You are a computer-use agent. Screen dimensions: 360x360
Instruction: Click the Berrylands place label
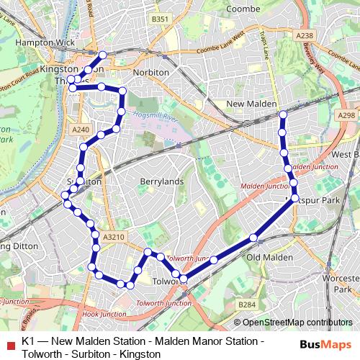pyautogui.click(x=162, y=181)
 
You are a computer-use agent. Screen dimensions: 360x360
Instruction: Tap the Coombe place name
pyautogui.click(x=243, y=9)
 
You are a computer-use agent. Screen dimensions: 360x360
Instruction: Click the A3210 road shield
pyautogui.click(x=114, y=235)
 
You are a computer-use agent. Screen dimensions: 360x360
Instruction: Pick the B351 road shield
pyautogui.click(x=159, y=19)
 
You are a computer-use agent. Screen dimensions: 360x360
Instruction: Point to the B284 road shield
pyautogui.click(x=247, y=305)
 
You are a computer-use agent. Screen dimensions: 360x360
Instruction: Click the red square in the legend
pyautogui.click(x=9, y=343)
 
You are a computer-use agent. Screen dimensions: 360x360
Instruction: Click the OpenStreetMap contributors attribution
pyautogui.click(x=297, y=323)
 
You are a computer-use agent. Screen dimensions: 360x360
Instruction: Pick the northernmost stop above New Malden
pyautogui.click(x=283, y=114)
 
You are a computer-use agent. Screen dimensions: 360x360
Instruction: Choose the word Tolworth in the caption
pyautogui.click(x=42, y=354)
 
